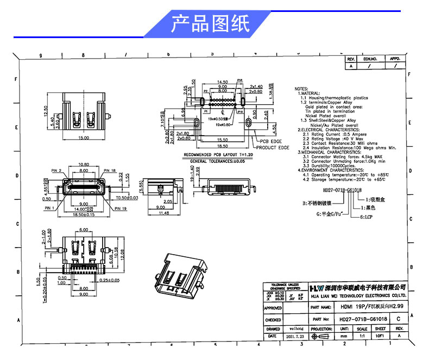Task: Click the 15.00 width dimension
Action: [x=84, y=138]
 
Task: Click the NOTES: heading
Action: [x=301, y=88]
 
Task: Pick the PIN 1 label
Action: [x=50, y=207]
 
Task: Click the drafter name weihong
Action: [x=295, y=329]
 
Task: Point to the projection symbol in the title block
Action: [x=321, y=337]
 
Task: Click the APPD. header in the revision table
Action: [x=395, y=58]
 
